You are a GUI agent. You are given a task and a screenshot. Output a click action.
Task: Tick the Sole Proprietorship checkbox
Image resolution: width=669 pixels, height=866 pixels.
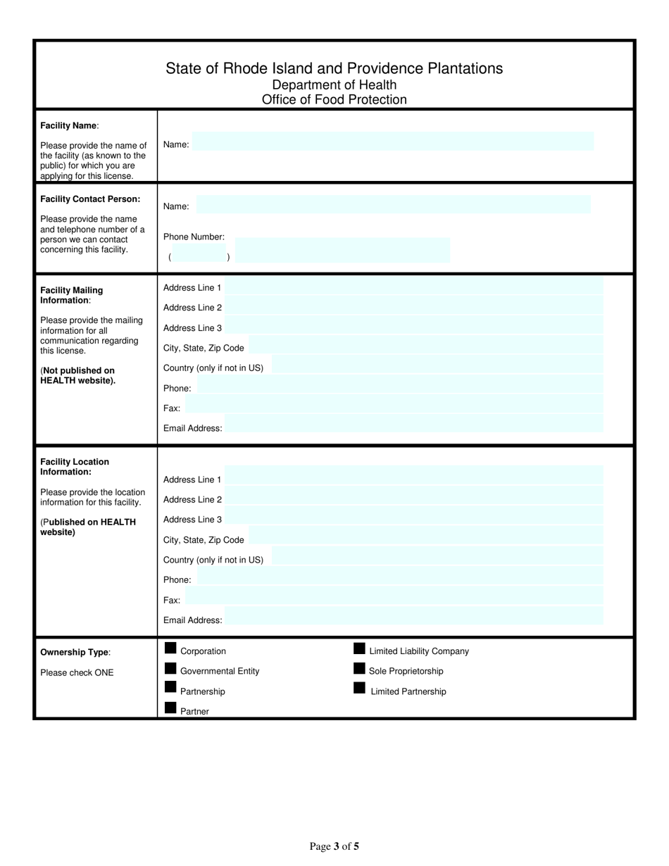[x=359, y=668]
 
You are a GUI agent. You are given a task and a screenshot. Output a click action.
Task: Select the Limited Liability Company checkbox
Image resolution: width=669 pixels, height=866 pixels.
[x=359, y=648]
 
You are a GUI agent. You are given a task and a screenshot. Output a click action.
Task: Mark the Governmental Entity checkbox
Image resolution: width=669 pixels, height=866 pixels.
[x=170, y=668]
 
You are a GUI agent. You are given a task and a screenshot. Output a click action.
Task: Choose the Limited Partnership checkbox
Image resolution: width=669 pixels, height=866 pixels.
[x=359, y=688]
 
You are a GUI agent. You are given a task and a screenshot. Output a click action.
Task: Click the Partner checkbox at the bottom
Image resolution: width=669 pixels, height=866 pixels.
[x=170, y=708]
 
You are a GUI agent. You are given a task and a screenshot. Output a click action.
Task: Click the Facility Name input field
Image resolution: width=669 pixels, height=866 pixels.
[x=393, y=142]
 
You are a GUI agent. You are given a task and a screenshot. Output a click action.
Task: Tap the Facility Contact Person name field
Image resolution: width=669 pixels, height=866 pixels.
[x=393, y=205]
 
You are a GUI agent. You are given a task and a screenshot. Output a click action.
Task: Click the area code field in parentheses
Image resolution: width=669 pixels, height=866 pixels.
[x=199, y=257]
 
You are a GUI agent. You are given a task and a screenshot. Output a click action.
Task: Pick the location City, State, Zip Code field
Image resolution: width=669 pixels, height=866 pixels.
[x=425, y=536]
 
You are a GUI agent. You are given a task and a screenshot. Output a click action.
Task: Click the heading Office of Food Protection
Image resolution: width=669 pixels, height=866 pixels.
[x=334, y=99]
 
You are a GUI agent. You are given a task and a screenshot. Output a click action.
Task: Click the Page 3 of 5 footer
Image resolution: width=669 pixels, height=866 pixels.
[x=334, y=846]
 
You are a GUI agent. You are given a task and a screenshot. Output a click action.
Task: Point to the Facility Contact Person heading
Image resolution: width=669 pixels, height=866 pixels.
[x=90, y=199]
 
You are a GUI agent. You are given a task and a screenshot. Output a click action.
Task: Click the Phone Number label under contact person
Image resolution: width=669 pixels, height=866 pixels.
[x=194, y=237]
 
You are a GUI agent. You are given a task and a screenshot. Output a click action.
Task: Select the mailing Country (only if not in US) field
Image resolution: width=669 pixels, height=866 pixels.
[x=437, y=365]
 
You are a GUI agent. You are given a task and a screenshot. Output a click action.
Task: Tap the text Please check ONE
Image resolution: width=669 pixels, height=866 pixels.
[x=77, y=672]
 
